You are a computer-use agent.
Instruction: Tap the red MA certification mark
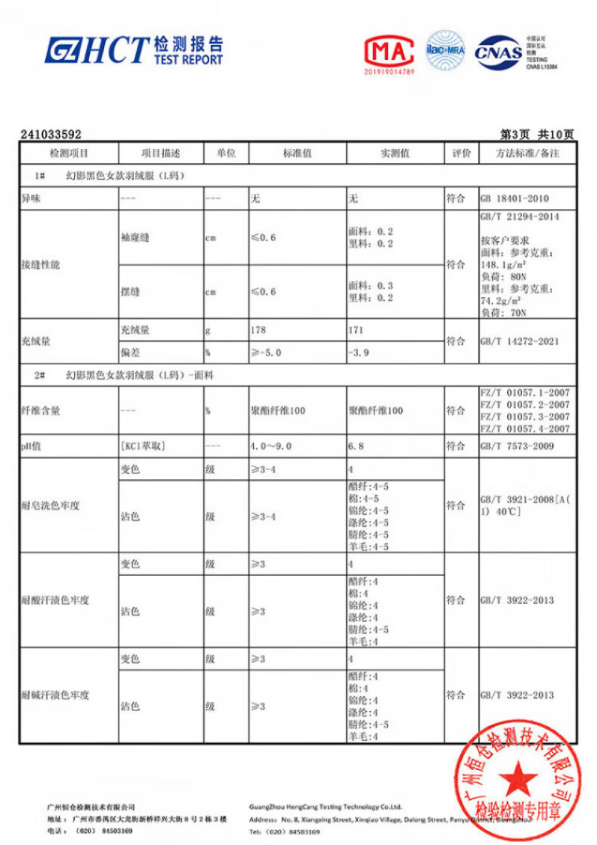pyautogui.click(x=389, y=52)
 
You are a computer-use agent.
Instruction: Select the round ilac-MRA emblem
pyautogui.click(x=446, y=51)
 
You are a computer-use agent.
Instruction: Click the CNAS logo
pyautogui.click(x=498, y=52)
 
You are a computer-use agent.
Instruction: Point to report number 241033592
pyautogui.click(x=51, y=134)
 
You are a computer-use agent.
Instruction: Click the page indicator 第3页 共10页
pyautogui.click(x=537, y=134)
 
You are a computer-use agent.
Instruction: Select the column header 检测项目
pyautogui.click(x=69, y=153)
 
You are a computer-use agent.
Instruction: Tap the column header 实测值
pyautogui.click(x=395, y=153)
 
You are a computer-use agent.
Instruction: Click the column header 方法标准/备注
pyautogui.click(x=527, y=153)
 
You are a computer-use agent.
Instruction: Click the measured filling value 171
pyautogui.click(x=356, y=330)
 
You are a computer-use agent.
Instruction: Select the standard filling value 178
pyautogui.click(x=259, y=330)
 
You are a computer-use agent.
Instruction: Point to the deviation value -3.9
pyautogui.click(x=359, y=353)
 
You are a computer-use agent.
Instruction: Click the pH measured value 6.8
pyautogui.click(x=356, y=446)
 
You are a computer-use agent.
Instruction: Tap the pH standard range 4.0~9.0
pyautogui.click(x=271, y=446)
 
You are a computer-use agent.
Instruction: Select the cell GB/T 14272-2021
pyautogui.click(x=519, y=341)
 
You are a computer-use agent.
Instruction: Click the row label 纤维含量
pyautogui.click(x=41, y=410)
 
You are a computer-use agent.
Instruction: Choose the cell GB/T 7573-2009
pyautogui.click(x=517, y=446)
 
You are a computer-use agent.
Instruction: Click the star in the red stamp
pyautogui.click(x=517, y=778)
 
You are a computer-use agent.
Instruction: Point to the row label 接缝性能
pyautogui.click(x=41, y=265)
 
